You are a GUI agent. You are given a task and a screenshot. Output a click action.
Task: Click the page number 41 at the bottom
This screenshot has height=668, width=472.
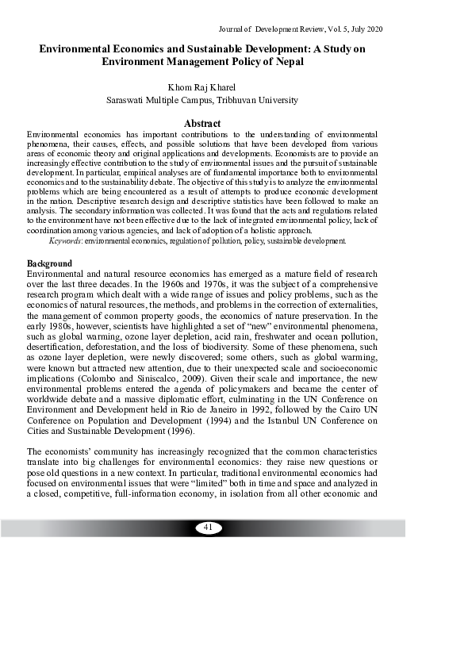(209, 528)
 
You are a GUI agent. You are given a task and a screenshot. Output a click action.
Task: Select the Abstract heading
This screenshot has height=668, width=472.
(202, 124)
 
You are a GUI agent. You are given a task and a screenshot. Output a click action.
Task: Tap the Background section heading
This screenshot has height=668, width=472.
(49, 241)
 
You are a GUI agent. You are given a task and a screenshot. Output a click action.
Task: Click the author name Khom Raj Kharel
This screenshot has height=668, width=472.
(202, 86)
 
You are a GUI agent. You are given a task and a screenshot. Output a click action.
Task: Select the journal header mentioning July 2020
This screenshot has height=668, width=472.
(321, 29)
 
